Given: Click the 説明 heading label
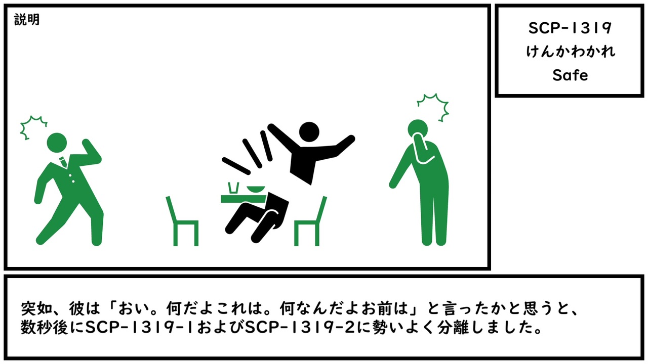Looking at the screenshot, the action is pos(27,20).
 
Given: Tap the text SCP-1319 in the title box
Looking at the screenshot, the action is pos(570,28).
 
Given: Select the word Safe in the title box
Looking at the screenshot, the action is pos(570,75).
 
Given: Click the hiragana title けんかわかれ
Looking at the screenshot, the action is pos(570,52).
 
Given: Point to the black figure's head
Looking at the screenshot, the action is pos(309,132).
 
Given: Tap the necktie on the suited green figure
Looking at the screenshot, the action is pos(63,162).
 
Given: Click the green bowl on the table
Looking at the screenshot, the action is pos(256,190).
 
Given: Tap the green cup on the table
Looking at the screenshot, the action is pos(233,188).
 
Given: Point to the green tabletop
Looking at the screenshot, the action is pos(244,199).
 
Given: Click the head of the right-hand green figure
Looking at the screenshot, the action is pos(418,129).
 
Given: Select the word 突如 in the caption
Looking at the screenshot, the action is pos(32,309).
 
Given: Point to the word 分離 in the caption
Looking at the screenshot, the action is pos(453,328).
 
